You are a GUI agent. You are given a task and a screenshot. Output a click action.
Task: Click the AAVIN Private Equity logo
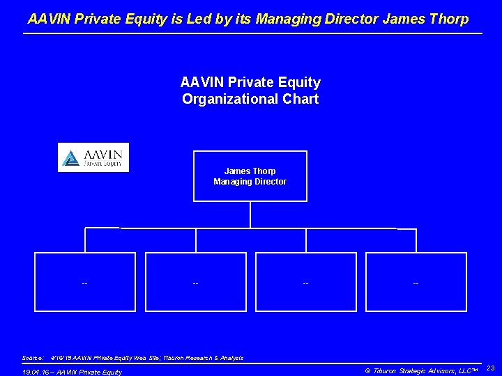coord(93,157)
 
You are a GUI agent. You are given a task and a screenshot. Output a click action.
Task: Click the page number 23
coord(490,367)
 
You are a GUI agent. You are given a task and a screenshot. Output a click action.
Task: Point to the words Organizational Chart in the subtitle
coord(250,99)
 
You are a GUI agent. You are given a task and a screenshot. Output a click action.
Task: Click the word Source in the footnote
coord(32,358)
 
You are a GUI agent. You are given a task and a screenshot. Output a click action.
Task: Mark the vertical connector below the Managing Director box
coord(250,214)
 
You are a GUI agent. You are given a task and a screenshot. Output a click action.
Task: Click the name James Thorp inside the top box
coord(250,171)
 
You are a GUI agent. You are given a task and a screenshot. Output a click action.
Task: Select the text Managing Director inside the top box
coord(250,182)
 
